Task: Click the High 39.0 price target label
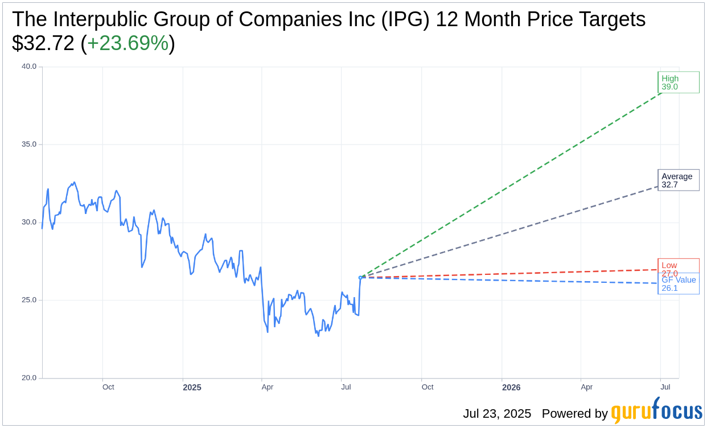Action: click(678, 83)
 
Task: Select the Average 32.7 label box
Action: click(678, 180)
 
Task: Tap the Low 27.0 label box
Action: click(678, 266)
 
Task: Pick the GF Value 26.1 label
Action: click(679, 284)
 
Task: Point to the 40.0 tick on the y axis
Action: click(29, 67)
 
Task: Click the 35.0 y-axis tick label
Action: click(29, 145)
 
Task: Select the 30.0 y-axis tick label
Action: click(29, 223)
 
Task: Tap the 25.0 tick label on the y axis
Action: click(29, 300)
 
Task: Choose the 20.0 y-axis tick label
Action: click(29, 378)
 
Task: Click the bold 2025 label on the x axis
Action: click(192, 388)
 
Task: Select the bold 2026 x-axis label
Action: click(511, 388)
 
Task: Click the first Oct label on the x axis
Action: click(108, 387)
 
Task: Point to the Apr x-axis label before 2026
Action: click(268, 387)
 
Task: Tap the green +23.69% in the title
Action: click(128, 43)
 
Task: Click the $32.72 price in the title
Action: click(43, 43)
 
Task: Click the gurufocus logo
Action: click(656, 411)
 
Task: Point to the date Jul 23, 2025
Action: click(497, 414)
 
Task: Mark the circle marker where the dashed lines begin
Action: click(360, 278)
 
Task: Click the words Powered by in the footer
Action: click(574, 414)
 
